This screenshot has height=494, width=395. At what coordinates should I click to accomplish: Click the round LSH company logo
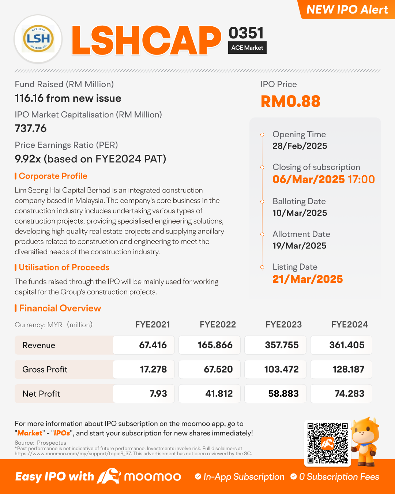point(38,39)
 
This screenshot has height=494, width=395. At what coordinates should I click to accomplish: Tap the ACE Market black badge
point(247,48)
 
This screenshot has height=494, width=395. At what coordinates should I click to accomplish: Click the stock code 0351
point(246,33)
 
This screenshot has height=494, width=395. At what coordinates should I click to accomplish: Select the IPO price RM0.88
point(290,101)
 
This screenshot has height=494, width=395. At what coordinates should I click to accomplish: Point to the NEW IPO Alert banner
point(347,10)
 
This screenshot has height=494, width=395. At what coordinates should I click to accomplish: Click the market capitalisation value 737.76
point(31,128)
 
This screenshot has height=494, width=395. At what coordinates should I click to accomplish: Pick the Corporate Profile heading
point(53,176)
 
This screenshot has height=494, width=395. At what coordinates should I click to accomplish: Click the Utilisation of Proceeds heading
point(64,267)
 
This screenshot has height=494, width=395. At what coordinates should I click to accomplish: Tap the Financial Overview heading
point(60,308)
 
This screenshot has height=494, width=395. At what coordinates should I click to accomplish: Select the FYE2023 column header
point(283,325)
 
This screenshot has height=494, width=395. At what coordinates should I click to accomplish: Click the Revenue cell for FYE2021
point(144,345)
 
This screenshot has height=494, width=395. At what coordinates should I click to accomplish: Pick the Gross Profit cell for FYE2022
point(210,369)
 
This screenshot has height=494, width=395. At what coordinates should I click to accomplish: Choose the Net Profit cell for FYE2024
point(341,394)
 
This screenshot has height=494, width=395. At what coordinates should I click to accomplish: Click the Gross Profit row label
point(45,370)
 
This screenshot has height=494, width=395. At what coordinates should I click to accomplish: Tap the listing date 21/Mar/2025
point(308,279)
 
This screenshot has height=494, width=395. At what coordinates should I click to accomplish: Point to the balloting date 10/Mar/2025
point(300,213)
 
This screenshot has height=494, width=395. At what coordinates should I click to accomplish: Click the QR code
point(327,443)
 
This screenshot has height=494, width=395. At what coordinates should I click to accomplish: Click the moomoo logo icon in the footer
point(109,476)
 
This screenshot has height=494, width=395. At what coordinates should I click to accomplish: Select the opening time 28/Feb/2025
point(300,146)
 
